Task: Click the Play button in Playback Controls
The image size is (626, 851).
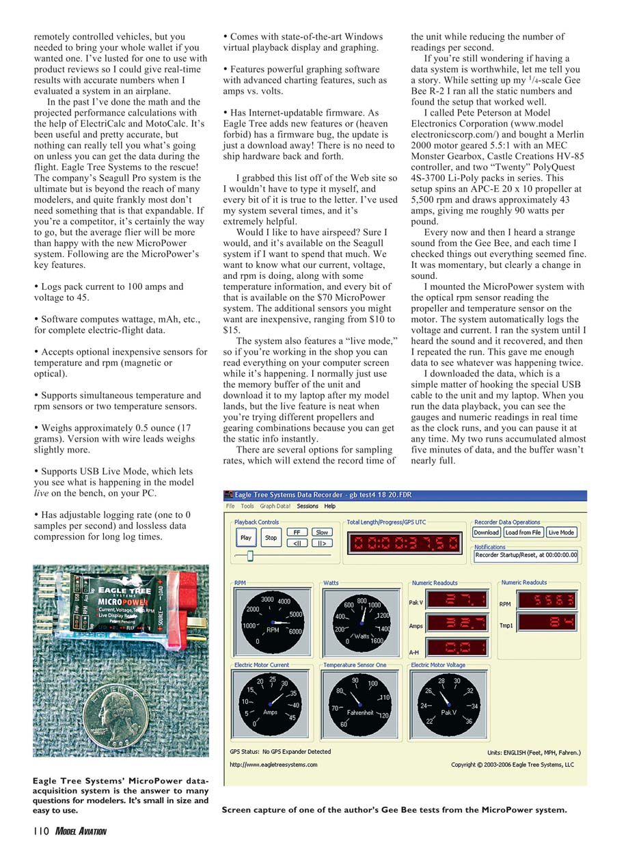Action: (x=246, y=537)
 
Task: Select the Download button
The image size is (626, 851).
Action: (x=487, y=532)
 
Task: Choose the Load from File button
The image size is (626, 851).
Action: (x=523, y=532)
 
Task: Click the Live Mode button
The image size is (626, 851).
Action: (x=561, y=532)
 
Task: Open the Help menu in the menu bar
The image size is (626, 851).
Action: (x=330, y=506)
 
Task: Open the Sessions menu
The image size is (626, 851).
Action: (x=308, y=506)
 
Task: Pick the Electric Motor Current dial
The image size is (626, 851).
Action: (x=271, y=703)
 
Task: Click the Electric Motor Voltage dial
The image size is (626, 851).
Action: (x=448, y=703)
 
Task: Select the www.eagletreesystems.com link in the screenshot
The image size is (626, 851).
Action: (x=273, y=764)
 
